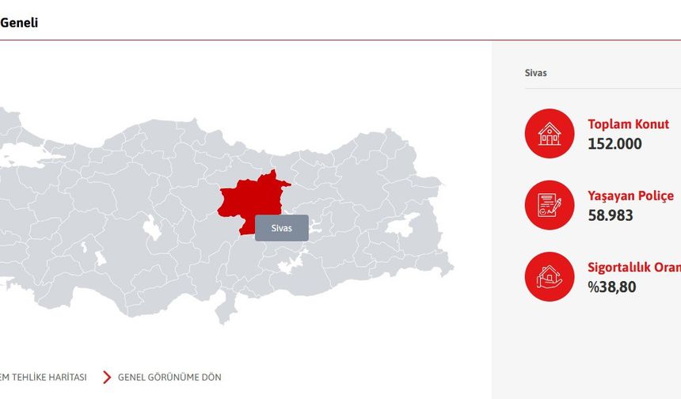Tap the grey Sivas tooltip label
pyautogui.click(x=281, y=228)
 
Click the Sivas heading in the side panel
pyautogui.click(x=536, y=73)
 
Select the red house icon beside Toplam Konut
pyautogui.click(x=549, y=133)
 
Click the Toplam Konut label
pyautogui.click(x=628, y=124)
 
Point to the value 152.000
pyautogui.click(x=614, y=144)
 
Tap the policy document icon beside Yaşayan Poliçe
pyautogui.click(x=549, y=205)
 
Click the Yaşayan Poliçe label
pyautogui.click(x=630, y=196)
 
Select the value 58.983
pyautogui.click(x=610, y=215)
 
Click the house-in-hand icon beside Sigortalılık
pyautogui.click(x=549, y=276)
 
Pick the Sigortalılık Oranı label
pyautogui.click(x=633, y=268)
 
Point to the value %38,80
pyautogui.click(x=611, y=287)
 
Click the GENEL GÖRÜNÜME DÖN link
pyautogui.click(x=169, y=377)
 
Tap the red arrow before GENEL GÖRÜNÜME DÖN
pyautogui.click(x=107, y=377)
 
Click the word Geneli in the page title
pyautogui.click(x=18, y=23)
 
